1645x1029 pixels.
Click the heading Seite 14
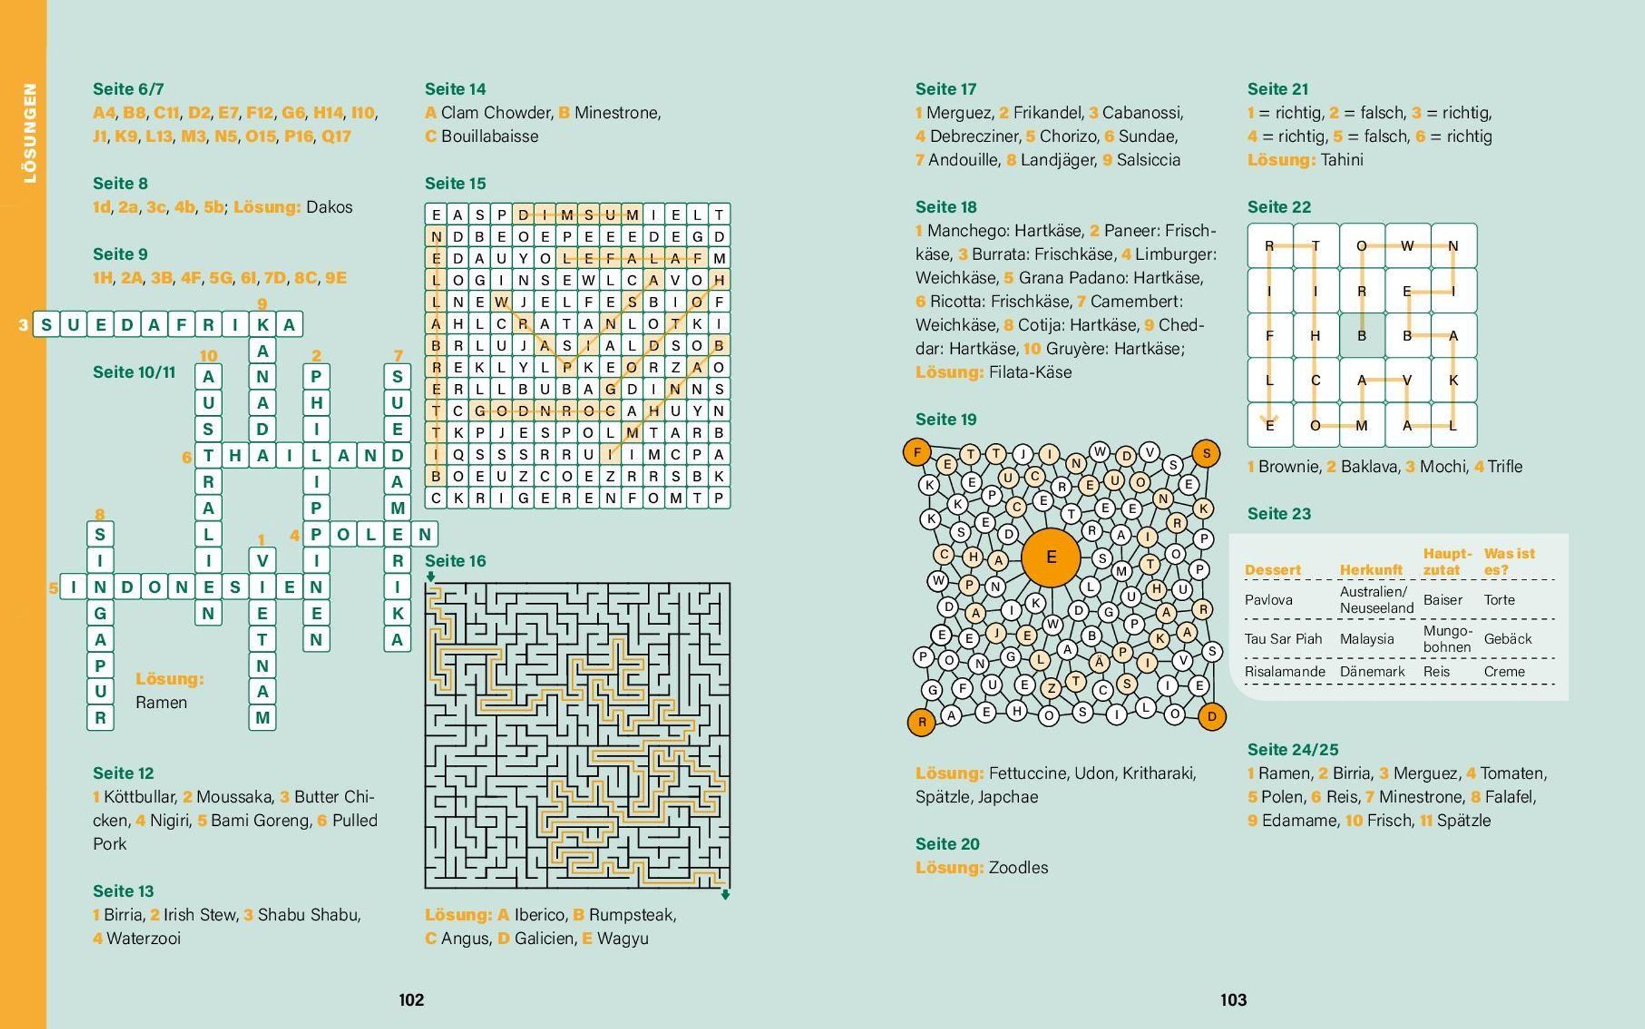(455, 89)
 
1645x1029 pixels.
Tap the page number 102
(411, 1000)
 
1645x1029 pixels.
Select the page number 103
(1233, 1000)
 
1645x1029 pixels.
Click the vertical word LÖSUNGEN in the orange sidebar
(29, 133)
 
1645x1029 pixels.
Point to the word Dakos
(329, 207)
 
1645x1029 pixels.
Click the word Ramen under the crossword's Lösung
(161, 702)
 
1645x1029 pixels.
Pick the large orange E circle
(1050, 557)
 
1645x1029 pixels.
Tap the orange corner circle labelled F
(917, 452)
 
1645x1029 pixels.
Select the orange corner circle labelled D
(1212, 717)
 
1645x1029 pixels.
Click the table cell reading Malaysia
(1367, 639)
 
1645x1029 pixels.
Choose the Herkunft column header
(1371, 569)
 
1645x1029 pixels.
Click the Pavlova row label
(1268, 600)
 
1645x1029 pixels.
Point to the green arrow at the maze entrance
(430, 576)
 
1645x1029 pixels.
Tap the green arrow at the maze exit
(725, 895)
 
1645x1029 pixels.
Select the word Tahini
(1341, 160)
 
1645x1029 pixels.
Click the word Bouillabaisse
(490, 137)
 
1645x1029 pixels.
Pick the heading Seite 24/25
(1293, 749)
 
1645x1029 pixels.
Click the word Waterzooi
(143, 938)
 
